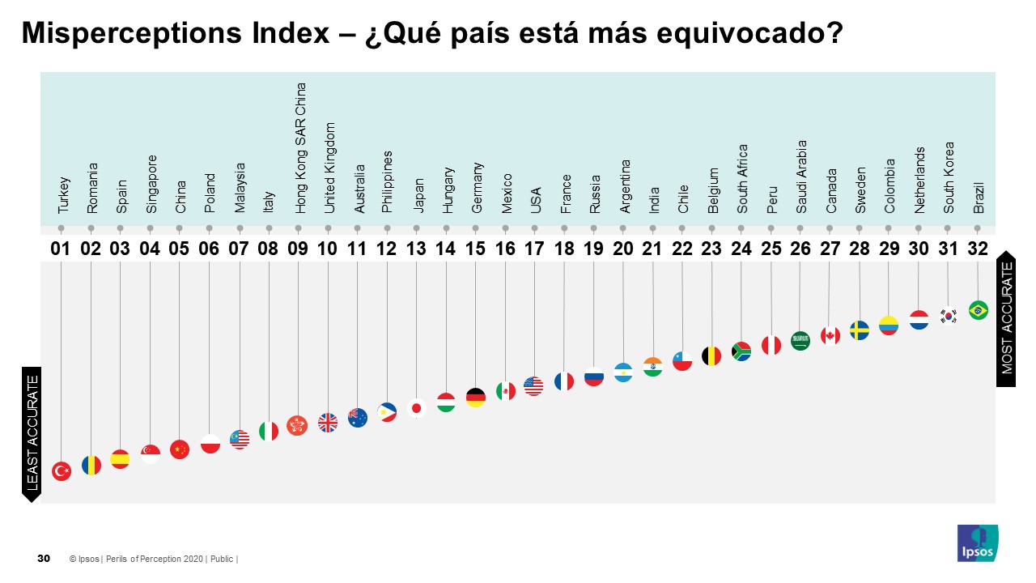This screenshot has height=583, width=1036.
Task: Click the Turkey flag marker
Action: click(62, 471)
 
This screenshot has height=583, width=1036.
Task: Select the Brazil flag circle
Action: click(978, 310)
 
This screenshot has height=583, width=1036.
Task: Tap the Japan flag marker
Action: click(417, 408)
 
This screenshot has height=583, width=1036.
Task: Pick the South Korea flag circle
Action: click(949, 315)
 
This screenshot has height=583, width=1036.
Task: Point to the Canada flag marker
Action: click(830, 335)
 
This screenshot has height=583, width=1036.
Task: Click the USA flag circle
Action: click(533, 386)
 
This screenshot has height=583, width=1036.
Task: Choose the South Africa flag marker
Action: click(741, 351)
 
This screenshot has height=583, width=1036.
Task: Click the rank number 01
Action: click(62, 249)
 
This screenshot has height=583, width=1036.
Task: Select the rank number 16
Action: click(504, 249)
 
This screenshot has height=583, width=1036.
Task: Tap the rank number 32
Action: click(978, 249)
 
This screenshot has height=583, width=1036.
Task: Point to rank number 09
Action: click(298, 249)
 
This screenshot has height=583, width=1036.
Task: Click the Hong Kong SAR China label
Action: click(301, 147)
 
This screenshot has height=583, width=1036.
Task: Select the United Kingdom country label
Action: click(330, 168)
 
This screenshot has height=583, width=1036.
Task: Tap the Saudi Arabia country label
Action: click(801, 177)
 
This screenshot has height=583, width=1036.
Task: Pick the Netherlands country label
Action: click(919, 180)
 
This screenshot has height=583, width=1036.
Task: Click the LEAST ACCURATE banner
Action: click(32, 433)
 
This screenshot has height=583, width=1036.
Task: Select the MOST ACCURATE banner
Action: click(1006, 317)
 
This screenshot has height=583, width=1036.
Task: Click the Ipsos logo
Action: click(978, 543)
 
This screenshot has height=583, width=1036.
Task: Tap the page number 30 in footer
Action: click(44, 559)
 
